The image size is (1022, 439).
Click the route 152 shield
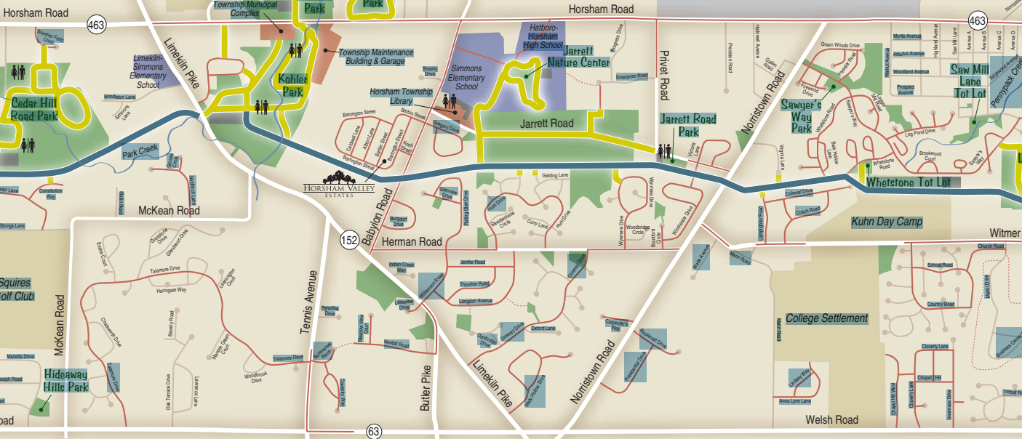point(349,240)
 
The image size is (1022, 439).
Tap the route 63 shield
point(374,432)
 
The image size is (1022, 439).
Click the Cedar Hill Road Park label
point(35,109)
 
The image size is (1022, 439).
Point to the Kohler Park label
point(292,85)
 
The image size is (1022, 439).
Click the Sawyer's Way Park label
point(811,116)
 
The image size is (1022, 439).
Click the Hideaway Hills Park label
point(65,380)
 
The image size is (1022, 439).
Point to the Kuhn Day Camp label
point(886,222)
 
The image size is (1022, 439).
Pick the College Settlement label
point(826,318)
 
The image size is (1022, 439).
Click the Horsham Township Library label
point(401,97)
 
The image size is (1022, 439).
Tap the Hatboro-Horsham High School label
point(542,36)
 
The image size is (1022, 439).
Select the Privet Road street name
point(663,76)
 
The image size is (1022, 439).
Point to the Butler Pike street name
point(426,389)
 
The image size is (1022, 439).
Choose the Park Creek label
point(140,152)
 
